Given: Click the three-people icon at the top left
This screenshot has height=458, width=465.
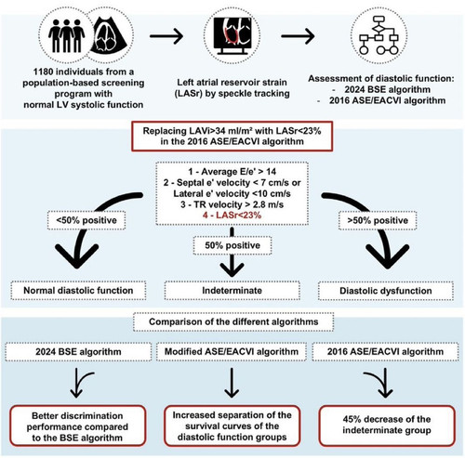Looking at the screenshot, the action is (x=66, y=36).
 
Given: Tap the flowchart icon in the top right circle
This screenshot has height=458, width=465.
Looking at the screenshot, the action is (x=379, y=35).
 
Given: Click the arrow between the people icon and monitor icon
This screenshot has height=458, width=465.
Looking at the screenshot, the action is (x=166, y=36).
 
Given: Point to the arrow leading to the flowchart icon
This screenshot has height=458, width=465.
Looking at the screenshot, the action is (x=298, y=36).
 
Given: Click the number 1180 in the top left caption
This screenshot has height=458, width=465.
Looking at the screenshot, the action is (x=44, y=72).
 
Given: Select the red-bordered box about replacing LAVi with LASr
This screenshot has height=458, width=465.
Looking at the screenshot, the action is (x=232, y=137).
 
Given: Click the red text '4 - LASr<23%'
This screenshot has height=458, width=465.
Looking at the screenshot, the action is (x=232, y=216).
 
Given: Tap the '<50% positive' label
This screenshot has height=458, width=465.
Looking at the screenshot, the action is (x=86, y=220).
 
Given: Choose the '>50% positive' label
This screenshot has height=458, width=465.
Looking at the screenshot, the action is (x=378, y=220).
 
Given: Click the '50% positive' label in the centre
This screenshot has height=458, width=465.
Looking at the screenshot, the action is (x=232, y=245).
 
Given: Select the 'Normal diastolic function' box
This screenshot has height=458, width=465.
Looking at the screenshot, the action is (x=78, y=291).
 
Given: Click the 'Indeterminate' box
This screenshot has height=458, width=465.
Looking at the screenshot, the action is (x=232, y=291).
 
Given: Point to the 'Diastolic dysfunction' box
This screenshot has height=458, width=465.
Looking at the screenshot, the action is (x=386, y=291).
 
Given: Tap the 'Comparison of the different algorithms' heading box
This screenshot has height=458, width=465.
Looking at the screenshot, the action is (x=233, y=321).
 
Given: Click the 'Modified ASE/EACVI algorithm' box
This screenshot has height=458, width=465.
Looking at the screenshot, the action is (x=232, y=352).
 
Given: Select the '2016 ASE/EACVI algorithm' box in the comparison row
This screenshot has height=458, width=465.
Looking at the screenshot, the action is (x=385, y=352).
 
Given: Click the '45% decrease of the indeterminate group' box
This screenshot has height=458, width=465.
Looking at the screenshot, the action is (x=387, y=425).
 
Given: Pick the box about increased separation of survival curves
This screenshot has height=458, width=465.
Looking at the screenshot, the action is (x=232, y=425).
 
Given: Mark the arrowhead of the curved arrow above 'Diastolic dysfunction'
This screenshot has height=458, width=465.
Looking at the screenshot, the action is (x=388, y=257).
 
